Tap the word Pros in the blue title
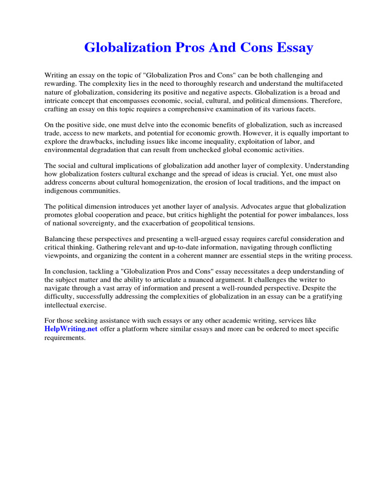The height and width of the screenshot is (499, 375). pyautogui.click(x=191, y=48)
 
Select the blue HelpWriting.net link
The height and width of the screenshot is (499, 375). pyautogui.click(x=71, y=329)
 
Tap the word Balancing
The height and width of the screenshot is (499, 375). pyautogui.click(x=62, y=239)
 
